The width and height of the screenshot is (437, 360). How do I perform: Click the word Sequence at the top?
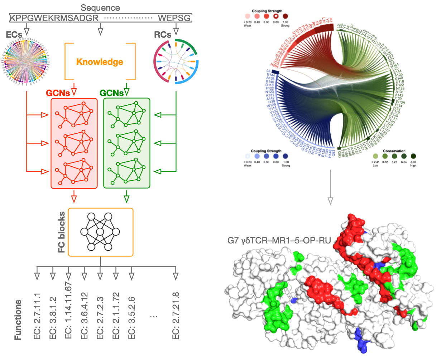point(100,8)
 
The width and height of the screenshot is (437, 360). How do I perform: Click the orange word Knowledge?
point(100,62)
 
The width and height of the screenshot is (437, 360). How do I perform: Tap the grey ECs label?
point(14,35)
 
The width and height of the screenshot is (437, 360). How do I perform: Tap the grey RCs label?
point(163,35)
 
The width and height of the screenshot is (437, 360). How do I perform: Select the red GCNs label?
point(58,93)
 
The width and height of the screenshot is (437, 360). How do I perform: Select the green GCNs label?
point(111,93)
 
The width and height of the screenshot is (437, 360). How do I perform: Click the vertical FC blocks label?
point(61,232)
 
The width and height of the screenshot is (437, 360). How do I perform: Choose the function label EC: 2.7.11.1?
point(37,316)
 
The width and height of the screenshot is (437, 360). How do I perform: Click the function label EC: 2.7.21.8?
point(176,316)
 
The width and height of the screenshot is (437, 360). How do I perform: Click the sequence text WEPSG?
point(174,18)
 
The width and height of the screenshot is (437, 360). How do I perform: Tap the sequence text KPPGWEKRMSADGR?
point(54,18)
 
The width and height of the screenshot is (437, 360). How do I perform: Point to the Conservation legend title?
point(394,151)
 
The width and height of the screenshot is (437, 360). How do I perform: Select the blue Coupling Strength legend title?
point(266,151)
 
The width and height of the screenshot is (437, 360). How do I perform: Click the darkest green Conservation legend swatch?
point(413,156)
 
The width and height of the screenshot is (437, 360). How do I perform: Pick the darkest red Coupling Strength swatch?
point(285,16)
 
